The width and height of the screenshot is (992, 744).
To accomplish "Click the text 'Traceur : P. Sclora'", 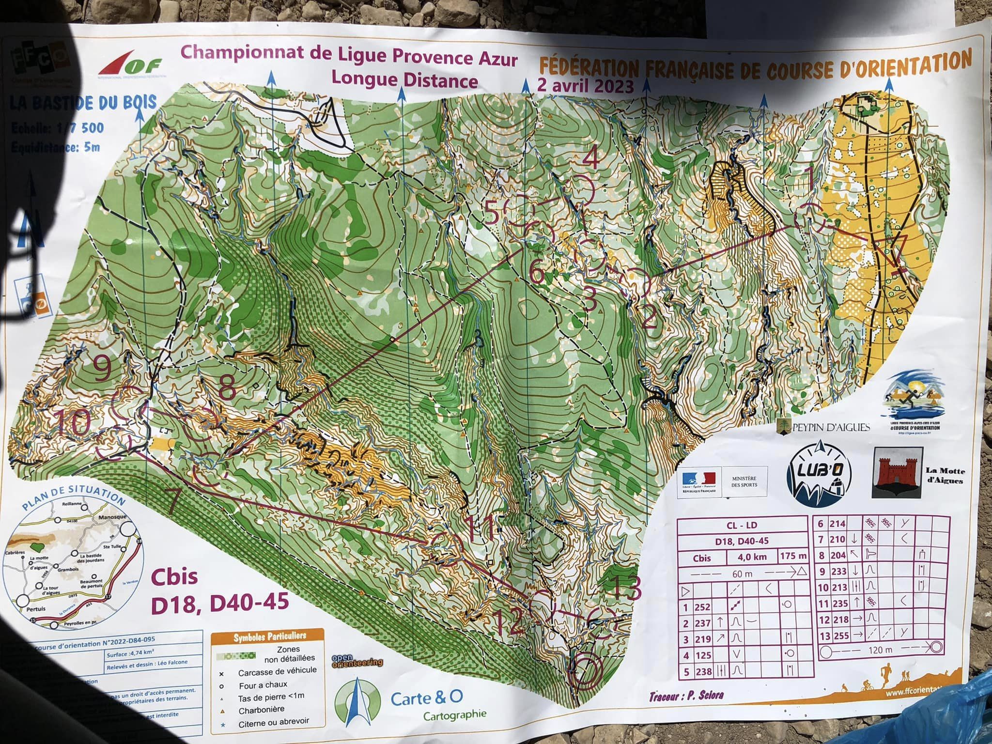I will tap(686, 696).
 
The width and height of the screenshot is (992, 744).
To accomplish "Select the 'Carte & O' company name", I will tap(427, 697).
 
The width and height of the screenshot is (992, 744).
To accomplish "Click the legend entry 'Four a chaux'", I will tap(263, 685).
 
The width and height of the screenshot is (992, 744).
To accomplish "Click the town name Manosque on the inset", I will tap(111, 517).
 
